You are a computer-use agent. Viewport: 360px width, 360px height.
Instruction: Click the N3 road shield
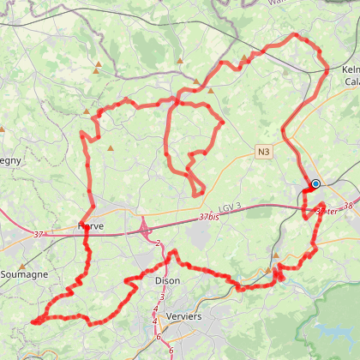click(x=264, y=152)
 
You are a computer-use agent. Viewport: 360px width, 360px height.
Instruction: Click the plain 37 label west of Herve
click(x=38, y=235)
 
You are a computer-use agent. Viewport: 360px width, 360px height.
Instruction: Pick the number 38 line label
click(x=347, y=206)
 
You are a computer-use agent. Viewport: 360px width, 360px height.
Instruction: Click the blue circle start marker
click(x=315, y=183)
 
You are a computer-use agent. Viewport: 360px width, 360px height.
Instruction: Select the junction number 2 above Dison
click(x=159, y=244)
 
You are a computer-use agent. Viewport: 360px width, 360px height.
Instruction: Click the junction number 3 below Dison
click(x=161, y=297)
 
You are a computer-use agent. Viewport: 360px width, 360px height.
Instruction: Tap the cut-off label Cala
click(x=351, y=81)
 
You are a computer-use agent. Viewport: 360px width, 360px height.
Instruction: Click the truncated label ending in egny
click(x=10, y=160)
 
